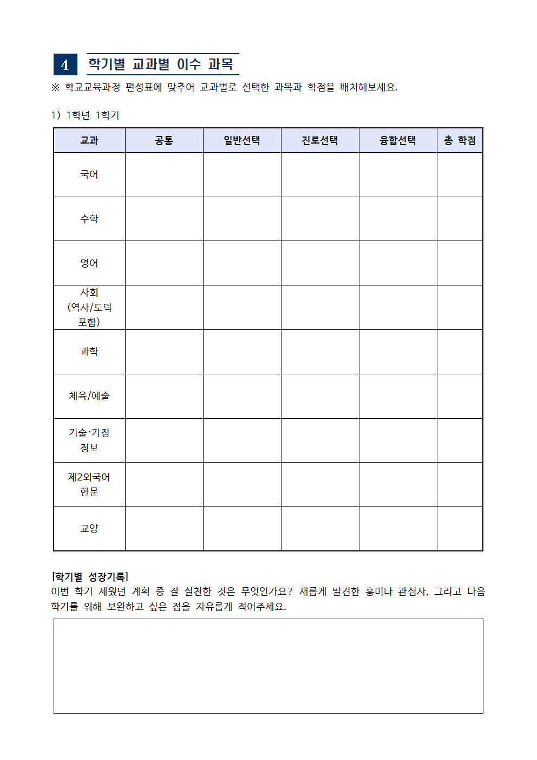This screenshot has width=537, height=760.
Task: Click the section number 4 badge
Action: tap(65, 64)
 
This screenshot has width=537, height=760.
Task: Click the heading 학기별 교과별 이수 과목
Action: tap(161, 64)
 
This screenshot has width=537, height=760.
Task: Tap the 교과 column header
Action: tap(89, 141)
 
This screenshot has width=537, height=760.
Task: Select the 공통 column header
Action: tap(164, 141)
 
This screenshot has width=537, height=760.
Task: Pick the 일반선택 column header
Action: tap(242, 141)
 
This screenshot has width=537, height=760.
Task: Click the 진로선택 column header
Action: tap(320, 141)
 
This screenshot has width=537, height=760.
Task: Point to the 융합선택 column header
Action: tap(398, 141)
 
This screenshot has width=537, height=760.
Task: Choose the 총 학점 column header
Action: tap(460, 141)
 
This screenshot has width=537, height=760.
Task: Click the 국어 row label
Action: tap(89, 174)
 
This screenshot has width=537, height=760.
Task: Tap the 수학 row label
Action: tap(89, 219)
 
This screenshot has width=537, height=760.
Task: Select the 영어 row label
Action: tap(89, 263)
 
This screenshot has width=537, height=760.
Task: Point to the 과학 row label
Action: tap(89, 352)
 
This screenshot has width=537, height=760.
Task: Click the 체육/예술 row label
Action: tap(89, 396)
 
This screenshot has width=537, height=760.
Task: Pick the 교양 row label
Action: tap(89, 529)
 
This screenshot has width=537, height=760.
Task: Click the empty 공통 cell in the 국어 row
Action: tap(164, 174)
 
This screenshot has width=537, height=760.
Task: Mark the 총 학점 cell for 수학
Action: tap(460, 219)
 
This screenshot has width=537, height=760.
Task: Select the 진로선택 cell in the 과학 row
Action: tap(320, 352)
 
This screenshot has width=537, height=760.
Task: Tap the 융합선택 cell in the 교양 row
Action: tap(398, 529)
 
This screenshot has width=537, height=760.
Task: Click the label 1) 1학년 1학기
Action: tap(86, 115)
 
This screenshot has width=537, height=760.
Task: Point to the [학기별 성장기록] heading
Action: tap(90, 577)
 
